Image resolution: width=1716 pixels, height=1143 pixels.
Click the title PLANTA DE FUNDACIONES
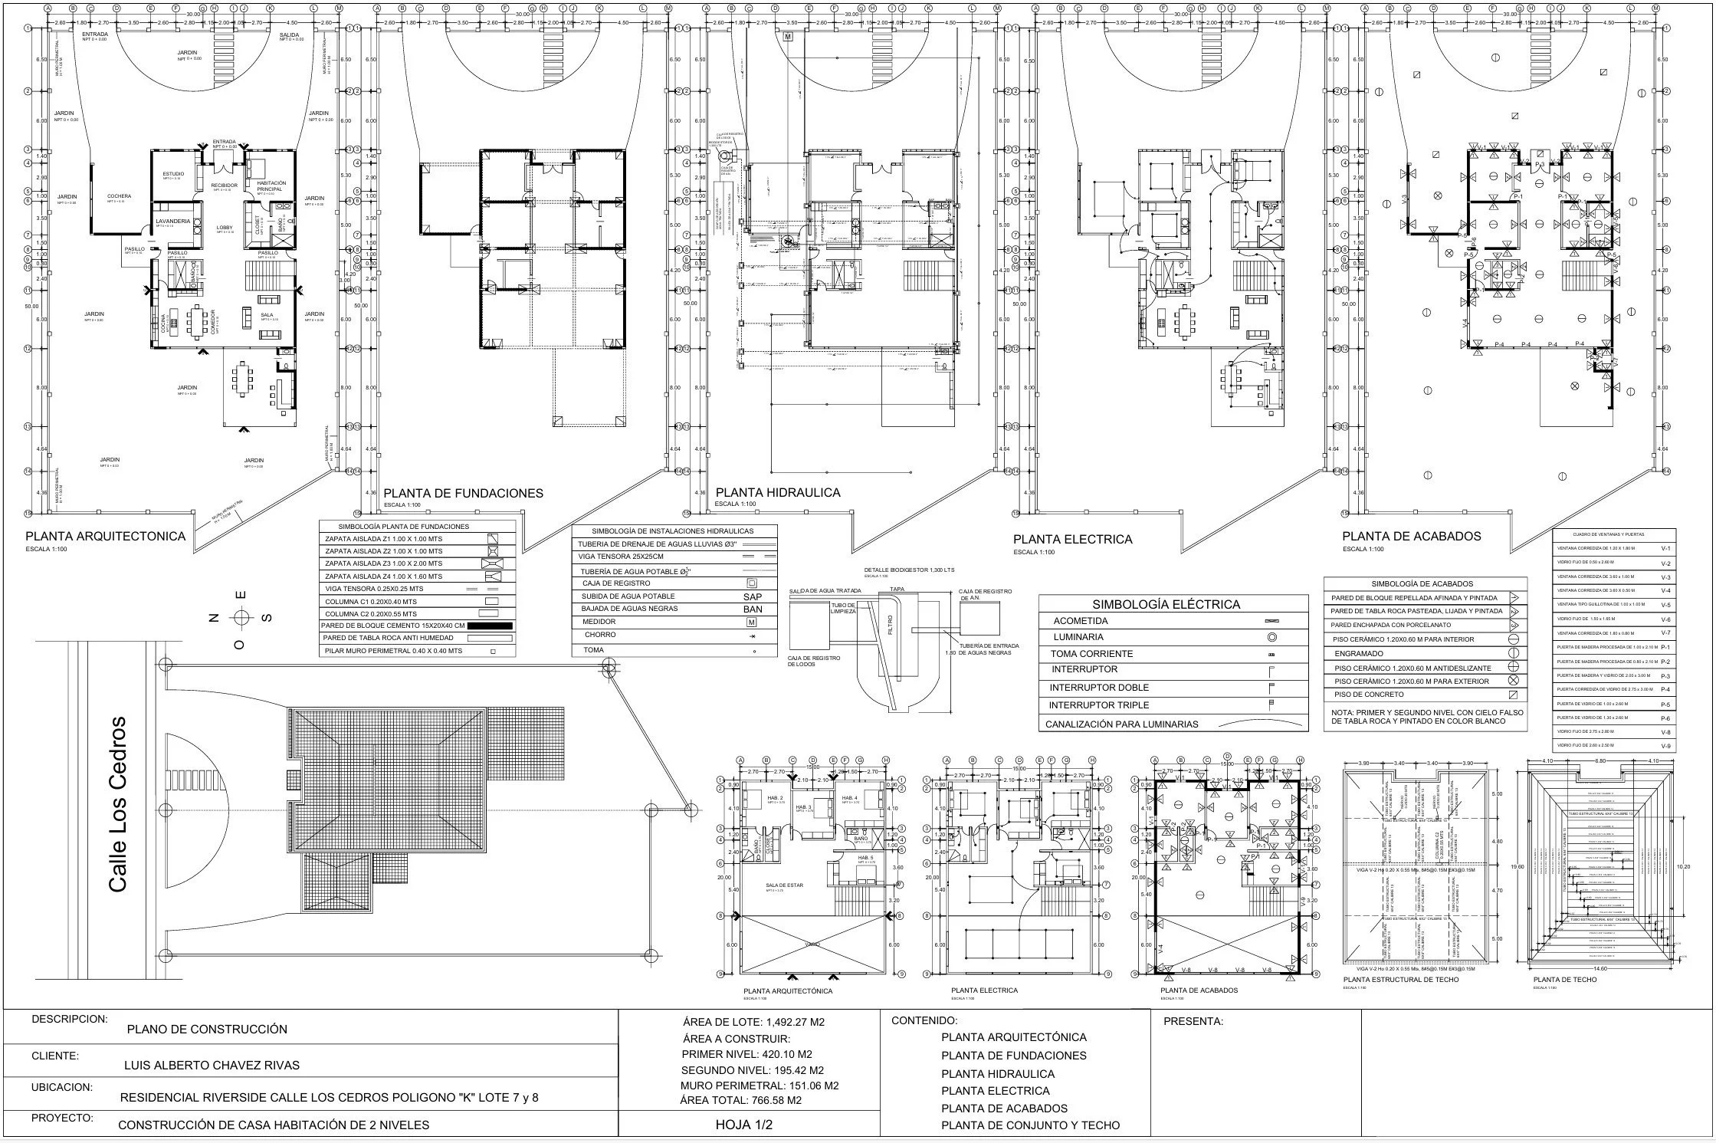463,494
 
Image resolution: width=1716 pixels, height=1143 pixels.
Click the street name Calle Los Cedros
118,804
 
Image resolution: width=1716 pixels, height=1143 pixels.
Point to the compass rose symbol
241,618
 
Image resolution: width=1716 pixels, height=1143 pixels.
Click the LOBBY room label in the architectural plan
224,228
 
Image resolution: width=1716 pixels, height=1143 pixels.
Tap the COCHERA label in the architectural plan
119,196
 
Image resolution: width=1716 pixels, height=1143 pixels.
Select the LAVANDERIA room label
172,221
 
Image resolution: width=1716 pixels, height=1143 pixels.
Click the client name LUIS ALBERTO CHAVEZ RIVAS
212,1065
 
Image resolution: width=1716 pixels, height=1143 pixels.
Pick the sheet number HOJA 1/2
743,1125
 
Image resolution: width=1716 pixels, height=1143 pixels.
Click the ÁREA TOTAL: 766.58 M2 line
740,1100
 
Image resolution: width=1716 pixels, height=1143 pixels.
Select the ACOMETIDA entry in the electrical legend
1080,621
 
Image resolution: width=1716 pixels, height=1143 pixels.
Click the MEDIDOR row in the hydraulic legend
599,622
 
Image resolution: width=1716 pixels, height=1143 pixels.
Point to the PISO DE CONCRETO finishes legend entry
1368,695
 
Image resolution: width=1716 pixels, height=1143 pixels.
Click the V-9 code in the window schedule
1665,746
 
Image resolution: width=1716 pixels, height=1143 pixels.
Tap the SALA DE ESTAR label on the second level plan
784,885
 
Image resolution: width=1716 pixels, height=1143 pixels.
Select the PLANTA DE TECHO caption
1554,980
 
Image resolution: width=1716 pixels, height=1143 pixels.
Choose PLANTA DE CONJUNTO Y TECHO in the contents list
1030,1125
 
